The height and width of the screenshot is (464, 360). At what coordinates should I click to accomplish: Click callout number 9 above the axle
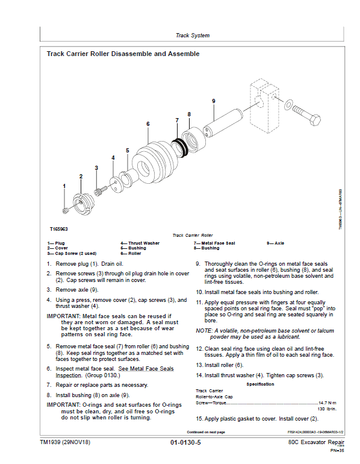[x=214, y=101]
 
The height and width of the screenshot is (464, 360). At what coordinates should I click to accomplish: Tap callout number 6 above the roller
[x=148, y=124]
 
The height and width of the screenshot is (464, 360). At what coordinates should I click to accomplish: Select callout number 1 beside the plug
[x=64, y=186]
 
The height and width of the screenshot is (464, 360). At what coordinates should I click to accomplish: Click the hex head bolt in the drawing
[x=307, y=116]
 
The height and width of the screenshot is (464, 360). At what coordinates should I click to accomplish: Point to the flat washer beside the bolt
[x=288, y=104]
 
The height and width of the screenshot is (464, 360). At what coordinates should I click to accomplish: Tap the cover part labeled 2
[x=83, y=204]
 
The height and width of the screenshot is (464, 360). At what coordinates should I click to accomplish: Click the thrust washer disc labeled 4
[x=114, y=184]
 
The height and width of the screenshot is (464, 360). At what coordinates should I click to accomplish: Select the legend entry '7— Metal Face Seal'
[x=214, y=243]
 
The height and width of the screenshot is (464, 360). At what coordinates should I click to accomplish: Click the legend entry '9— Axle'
[x=275, y=243]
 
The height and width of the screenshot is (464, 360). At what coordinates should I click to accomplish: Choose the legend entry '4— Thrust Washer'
[x=140, y=243]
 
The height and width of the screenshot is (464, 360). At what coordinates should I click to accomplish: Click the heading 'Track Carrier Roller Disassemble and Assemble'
[x=123, y=54]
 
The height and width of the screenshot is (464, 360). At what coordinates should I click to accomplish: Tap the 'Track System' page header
[x=193, y=36]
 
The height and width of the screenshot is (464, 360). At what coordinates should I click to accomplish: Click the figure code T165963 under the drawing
[x=58, y=229]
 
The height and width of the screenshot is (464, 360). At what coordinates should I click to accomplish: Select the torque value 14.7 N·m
[x=327, y=403]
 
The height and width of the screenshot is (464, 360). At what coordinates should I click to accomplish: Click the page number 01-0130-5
[x=185, y=443]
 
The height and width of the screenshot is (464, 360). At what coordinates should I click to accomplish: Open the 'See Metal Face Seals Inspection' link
[x=114, y=372]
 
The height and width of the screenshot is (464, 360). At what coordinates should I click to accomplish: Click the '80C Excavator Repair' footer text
[x=316, y=442]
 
